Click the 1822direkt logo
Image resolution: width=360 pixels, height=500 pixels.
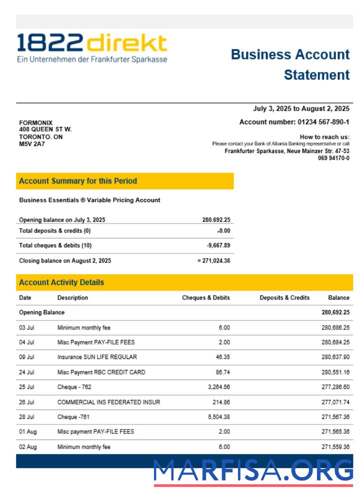[x=91, y=48]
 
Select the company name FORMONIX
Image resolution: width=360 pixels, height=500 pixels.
[x=35, y=123]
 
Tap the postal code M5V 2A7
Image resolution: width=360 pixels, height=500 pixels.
[x=32, y=144]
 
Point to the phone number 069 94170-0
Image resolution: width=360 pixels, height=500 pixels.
[x=333, y=158]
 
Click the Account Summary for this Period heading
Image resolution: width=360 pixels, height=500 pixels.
[x=78, y=181]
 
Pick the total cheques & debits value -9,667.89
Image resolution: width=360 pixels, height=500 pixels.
[x=218, y=245]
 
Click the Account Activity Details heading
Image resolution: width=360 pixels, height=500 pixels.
[x=61, y=282]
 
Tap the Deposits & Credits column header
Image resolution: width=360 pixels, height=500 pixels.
[x=284, y=297]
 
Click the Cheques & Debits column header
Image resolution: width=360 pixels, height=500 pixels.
[x=206, y=297]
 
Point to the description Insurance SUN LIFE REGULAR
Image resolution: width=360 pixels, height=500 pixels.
[x=97, y=357]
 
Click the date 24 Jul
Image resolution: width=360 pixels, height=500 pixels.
[x=26, y=372]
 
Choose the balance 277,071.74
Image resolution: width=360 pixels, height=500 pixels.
[x=335, y=402]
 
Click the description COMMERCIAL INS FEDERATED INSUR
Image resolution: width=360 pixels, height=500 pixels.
[x=108, y=402]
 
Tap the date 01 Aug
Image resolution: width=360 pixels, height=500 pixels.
[x=27, y=431]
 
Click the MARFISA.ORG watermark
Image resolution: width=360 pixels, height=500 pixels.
[x=253, y=471]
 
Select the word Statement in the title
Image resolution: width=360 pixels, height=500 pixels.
[x=316, y=75]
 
